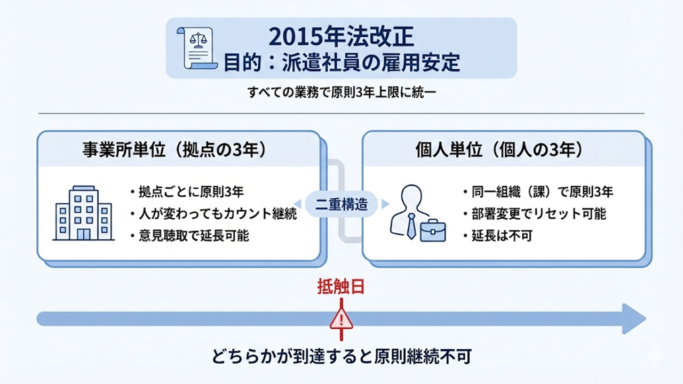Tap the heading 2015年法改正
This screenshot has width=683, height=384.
coord(341,36)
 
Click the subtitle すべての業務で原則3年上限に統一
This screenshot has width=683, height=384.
coord(341,92)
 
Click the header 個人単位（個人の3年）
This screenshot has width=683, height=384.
coord(498,150)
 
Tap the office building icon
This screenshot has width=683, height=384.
coord(84,213)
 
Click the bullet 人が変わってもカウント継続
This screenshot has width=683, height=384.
coord(213,214)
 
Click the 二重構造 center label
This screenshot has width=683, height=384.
coord(341,204)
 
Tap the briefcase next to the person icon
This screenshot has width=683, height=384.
coord(433,230)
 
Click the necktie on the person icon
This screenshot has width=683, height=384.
coord(411,226)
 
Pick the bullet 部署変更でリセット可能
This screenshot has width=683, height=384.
coord(535,214)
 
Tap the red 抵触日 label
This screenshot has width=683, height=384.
coord(341,287)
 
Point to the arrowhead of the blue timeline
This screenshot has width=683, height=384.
coord(634,319)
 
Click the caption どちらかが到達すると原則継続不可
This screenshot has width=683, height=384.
coord(341,356)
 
